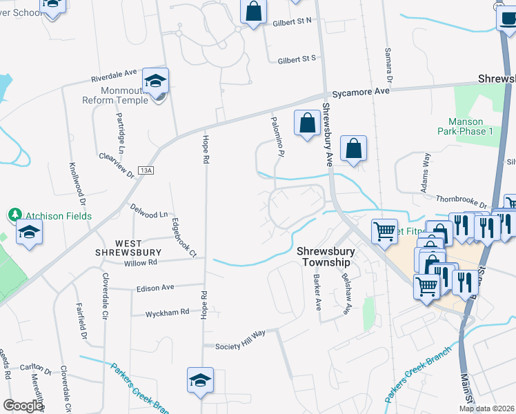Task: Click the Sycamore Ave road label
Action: click(359, 92)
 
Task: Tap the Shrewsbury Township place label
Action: click(324, 257)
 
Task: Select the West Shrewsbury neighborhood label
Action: click(128, 248)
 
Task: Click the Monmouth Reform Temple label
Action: click(115, 95)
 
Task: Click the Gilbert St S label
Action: click(296, 59)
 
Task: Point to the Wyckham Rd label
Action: click(167, 313)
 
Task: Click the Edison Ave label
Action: click(155, 288)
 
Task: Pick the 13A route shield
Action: click(146, 170)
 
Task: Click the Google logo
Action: click(23, 406)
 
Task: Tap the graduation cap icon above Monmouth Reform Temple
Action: click(156, 81)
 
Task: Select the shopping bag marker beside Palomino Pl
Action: click(307, 123)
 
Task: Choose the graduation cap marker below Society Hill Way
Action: click(200, 380)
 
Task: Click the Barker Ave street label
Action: click(317, 294)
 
